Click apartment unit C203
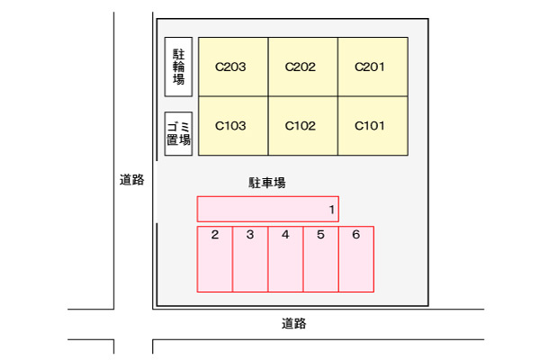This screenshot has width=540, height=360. click(233, 67)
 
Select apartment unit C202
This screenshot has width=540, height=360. click(303, 67)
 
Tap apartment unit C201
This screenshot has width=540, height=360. click(373, 67)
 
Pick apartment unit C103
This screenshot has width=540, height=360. click(233, 126)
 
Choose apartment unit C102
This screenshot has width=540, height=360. click(303, 126)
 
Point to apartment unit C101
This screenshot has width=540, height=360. click(373, 126)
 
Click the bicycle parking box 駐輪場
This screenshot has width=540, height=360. click(178, 67)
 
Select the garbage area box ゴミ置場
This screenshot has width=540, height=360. click(178, 134)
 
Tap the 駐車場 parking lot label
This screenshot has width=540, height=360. click(267, 183)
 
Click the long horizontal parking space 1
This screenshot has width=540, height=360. click(268, 209)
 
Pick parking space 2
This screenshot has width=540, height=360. click(215, 259)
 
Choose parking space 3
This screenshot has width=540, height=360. click(250, 259)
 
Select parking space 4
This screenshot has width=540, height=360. click(285, 259)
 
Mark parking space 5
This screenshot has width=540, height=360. click(321, 259)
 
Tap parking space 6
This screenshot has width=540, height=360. click(356, 259)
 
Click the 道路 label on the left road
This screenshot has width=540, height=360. click(132, 179)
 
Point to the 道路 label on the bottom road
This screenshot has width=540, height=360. click(293, 323)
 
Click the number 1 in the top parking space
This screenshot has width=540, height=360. click(331, 210)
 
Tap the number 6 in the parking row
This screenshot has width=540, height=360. click(356, 235)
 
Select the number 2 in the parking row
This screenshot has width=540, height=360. click(215, 235)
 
